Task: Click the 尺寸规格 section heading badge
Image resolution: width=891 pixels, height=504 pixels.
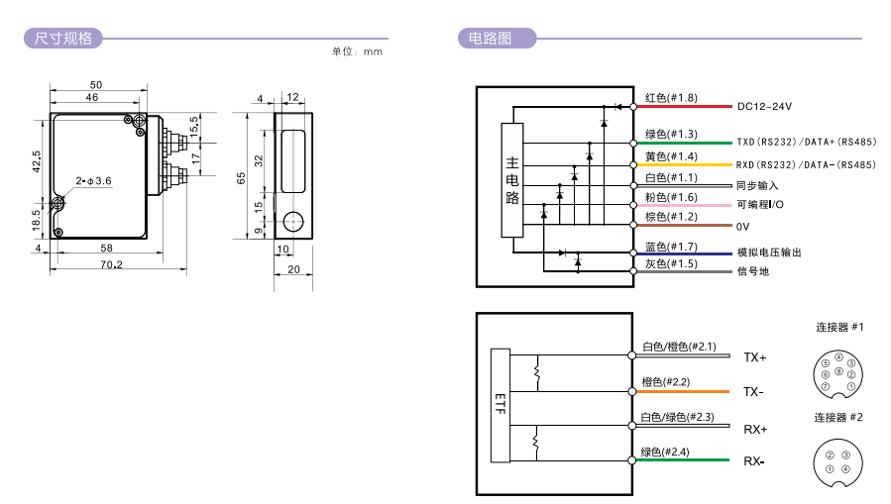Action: pyautogui.click(x=63, y=39)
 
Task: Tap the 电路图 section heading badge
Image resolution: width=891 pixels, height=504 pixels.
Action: pyautogui.click(x=497, y=39)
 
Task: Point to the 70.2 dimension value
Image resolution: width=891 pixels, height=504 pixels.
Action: pyautogui.click(x=111, y=264)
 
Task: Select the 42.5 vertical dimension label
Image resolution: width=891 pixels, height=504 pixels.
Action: pyautogui.click(x=37, y=161)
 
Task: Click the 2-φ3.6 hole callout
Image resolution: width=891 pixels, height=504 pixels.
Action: pyautogui.click(x=94, y=181)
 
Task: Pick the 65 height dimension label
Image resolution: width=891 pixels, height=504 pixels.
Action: pyautogui.click(x=241, y=177)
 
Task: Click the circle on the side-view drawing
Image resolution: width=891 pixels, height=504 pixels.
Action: pyautogui.click(x=293, y=222)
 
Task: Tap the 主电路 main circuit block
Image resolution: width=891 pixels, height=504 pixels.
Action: pyautogui.click(x=512, y=180)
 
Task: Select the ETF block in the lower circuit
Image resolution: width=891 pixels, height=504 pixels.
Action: pyautogui.click(x=501, y=405)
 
